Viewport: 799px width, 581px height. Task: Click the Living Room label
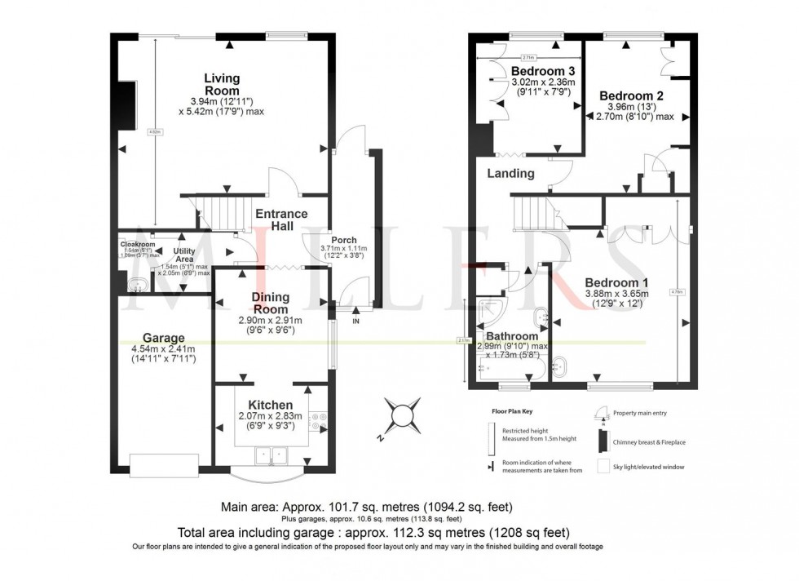tap(221, 84)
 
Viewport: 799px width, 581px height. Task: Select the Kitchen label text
tap(270, 405)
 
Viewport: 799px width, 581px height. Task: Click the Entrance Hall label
tap(281, 220)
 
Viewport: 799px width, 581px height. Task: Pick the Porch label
tap(343, 240)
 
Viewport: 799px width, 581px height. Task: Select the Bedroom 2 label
tap(631, 95)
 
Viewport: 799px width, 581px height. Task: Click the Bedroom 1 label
tap(616, 282)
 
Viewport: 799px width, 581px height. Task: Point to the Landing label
tap(510, 173)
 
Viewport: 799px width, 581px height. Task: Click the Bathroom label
tap(512, 336)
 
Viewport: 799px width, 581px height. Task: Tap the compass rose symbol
tap(404, 416)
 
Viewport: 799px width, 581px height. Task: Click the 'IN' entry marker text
tap(355, 321)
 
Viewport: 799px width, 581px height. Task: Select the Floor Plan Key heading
tap(513, 413)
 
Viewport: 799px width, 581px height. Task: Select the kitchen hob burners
tap(316, 419)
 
